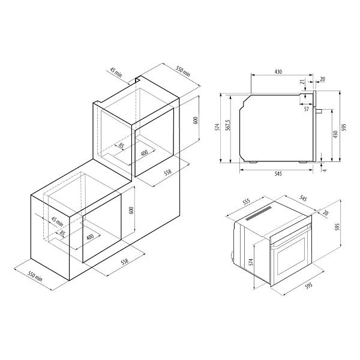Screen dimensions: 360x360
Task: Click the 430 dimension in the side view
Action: pyautogui.click(x=278, y=72)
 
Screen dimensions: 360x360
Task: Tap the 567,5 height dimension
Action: pyautogui.click(x=228, y=125)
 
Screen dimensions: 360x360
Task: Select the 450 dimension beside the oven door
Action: pyautogui.click(x=335, y=134)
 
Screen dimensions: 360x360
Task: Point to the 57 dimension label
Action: pyautogui.click(x=307, y=109)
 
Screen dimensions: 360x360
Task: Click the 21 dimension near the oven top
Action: pyautogui.click(x=302, y=82)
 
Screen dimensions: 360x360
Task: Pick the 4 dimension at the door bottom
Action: pyautogui.click(x=325, y=170)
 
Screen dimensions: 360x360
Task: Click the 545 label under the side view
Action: pyautogui.click(x=278, y=174)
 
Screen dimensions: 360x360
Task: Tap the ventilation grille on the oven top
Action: pyautogui.click(x=259, y=213)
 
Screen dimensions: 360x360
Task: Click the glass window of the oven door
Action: pyautogui.click(x=292, y=256)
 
